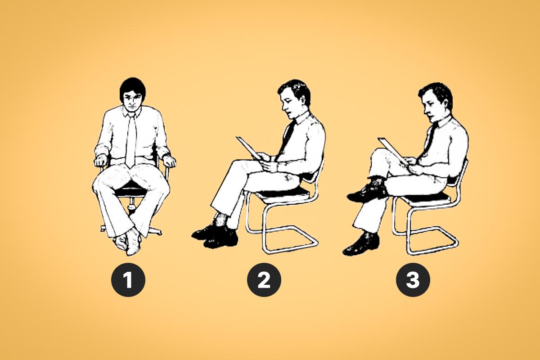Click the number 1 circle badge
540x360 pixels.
[128, 280]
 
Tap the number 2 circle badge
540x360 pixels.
[264, 280]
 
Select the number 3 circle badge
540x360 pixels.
[413, 280]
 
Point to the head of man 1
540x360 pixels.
[132, 95]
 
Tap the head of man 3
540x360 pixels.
[435, 103]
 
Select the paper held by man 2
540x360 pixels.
[249, 148]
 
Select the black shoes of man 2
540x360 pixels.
[215, 235]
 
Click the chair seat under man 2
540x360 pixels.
[282, 193]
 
